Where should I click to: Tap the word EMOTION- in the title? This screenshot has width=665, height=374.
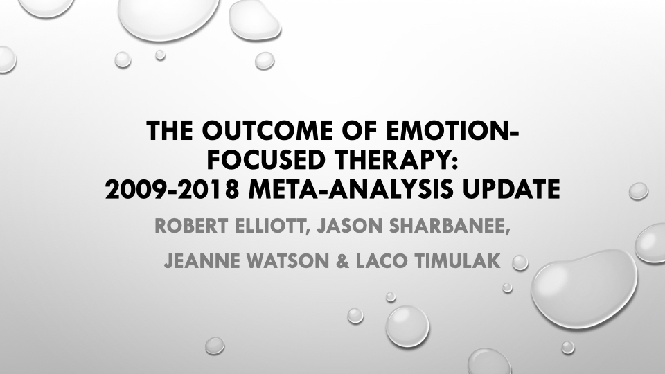tap(452, 130)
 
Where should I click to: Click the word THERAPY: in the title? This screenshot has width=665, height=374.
tap(396, 159)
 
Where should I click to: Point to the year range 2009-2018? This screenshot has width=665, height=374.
tap(172, 189)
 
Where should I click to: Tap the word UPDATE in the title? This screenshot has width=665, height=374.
tap(511, 189)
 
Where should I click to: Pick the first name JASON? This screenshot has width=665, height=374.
tap(351, 226)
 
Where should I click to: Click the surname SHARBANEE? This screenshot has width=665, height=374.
tap(450, 226)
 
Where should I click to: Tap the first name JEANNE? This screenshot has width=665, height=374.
tap(199, 261)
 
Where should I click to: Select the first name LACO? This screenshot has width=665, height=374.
tap(382, 261)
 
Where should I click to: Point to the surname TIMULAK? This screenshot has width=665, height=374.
tap(457, 261)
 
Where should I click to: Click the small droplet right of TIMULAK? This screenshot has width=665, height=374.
tap(520, 263)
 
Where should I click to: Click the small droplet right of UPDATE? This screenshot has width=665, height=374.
tap(638, 191)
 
